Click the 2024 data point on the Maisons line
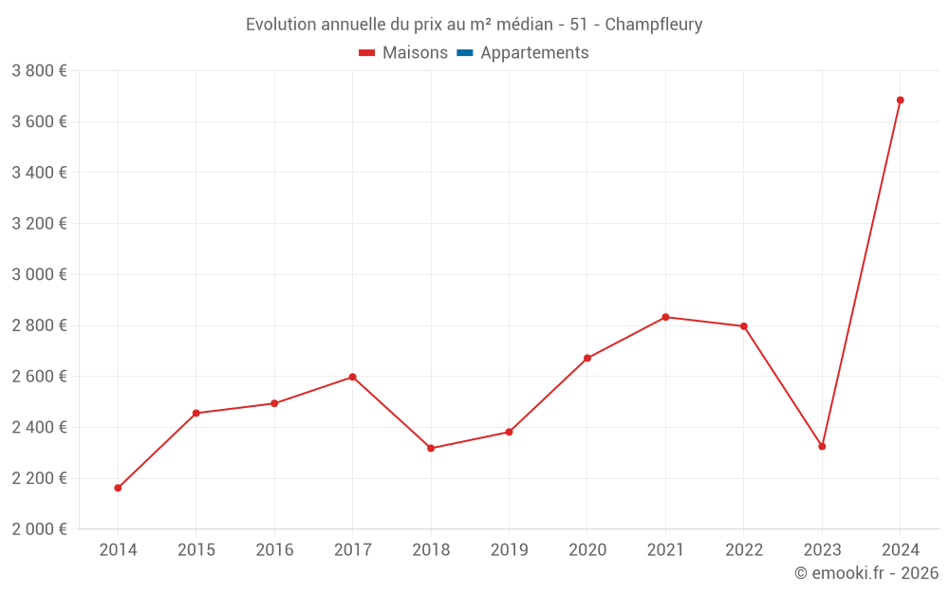click(900, 100)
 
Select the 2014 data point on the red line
click(118, 488)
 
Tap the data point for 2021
click(665, 317)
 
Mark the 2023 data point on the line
click(822, 446)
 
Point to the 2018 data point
click(431, 448)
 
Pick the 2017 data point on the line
click(352, 377)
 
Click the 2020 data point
click(587, 358)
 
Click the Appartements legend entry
click(534, 53)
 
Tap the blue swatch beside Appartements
click(465, 53)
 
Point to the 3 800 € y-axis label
click(39, 71)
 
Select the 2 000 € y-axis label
click(39, 529)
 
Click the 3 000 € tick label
click(39, 274)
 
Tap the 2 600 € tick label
click(39, 377)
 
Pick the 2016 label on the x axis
click(274, 550)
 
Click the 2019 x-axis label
click(509, 550)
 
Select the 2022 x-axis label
click(744, 550)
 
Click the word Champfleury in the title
click(654, 25)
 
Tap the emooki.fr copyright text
click(866, 573)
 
